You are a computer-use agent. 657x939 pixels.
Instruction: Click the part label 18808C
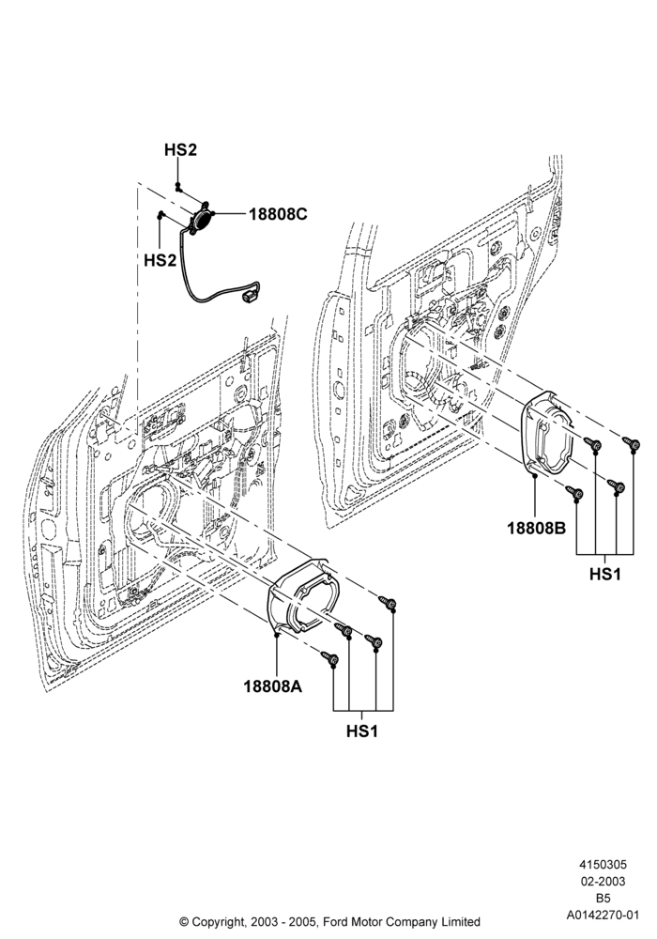(278, 214)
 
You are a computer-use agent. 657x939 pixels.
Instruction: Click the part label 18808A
(272, 685)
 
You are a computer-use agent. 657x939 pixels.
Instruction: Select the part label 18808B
(537, 528)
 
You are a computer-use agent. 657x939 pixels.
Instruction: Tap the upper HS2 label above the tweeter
(181, 149)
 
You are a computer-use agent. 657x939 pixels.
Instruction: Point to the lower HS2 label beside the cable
(160, 260)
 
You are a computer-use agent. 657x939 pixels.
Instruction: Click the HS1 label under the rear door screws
(605, 574)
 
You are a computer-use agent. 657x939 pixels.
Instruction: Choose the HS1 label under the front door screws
(362, 731)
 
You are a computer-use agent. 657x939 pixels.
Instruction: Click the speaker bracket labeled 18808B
(547, 432)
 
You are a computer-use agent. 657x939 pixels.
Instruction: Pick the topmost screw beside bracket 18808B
(632, 443)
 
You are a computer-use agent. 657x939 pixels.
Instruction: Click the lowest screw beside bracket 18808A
(329, 658)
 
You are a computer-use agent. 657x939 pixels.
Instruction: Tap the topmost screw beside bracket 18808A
(389, 602)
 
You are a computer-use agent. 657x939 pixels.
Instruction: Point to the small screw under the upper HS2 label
(178, 188)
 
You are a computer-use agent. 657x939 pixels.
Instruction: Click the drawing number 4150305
(603, 864)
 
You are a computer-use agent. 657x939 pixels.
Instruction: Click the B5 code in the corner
(603, 899)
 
